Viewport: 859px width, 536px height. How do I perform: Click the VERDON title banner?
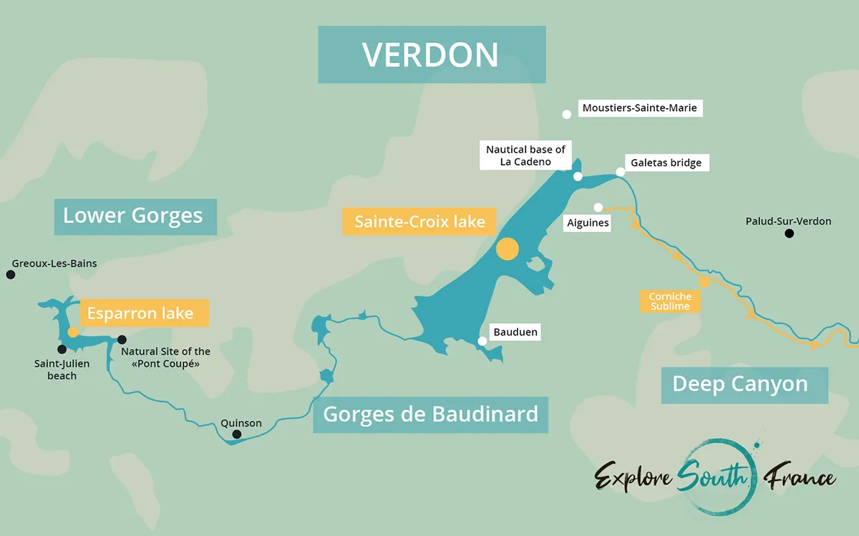click(x=432, y=55)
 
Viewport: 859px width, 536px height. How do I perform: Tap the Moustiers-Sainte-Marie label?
click(x=639, y=108)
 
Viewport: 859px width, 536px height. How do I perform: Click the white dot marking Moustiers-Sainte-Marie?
click(x=567, y=114)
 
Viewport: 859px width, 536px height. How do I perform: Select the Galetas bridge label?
click(x=665, y=163)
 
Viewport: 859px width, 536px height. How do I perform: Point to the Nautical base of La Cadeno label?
click(x=525, y=155)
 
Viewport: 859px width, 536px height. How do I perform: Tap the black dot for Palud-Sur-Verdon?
click(x=790, y=234)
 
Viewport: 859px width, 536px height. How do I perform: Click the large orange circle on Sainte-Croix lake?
click(x=507, y=249)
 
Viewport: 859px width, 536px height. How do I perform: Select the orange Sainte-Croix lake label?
click(x=419, y=221)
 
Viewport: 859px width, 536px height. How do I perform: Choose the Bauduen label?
click(x=515, y=332)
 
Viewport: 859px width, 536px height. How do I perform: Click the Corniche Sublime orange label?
click(x=670, y=302)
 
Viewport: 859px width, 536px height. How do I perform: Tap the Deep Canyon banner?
click(x=740, y=385)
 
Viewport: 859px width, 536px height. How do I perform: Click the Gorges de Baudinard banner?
click(x=430, y=414)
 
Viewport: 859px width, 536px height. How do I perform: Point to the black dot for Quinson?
click(x=237, y=434)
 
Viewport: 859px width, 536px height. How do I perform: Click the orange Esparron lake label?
click(x=140, y=313)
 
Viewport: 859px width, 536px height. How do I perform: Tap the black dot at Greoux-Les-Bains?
click(x=10, y=274)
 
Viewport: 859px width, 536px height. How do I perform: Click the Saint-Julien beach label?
click(x=62, y=370)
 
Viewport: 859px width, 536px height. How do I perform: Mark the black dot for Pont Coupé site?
click(x=122, y=340)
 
